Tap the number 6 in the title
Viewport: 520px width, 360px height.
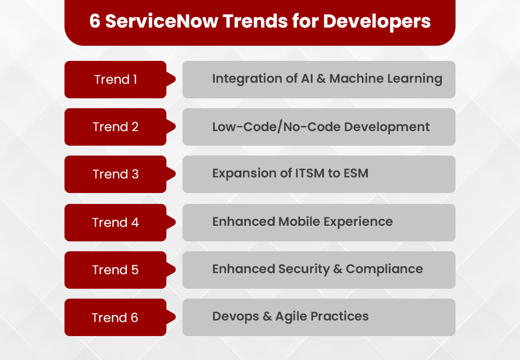pyautogui.click(x=94, y=21)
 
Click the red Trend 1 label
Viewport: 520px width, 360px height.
pyautogui.click(x=115, y=80)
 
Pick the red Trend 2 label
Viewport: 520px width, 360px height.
pyautogui.click(x=115, y=127)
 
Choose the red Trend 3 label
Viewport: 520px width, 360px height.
pyautogui.click(x=115, y=174)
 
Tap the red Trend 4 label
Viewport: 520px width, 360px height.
pyautogui.click(x=115, y=223)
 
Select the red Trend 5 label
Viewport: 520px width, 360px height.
pyautogui.click(x=115, y=270)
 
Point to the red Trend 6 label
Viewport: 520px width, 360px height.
pyautogui.click(x=115, y=317)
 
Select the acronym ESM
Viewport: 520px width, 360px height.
pyautogui.click(x=355, y=174)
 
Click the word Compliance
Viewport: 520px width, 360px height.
pyautogui.click(x=384, y=269)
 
